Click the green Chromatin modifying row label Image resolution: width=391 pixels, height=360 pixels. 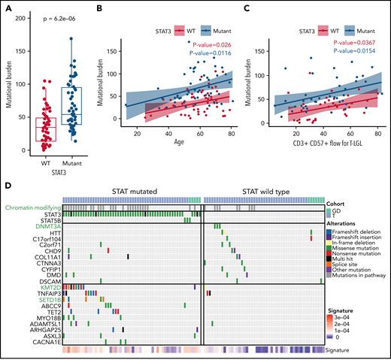point(30,207)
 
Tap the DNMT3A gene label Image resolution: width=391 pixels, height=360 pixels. point(46,225)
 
